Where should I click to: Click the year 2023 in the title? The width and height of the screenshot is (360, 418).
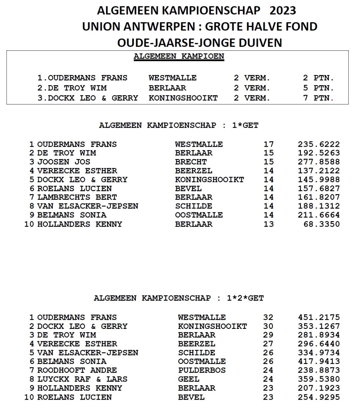283,11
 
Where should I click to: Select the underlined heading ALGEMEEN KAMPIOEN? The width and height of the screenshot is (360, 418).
179,56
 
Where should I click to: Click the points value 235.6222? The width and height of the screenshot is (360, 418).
319,144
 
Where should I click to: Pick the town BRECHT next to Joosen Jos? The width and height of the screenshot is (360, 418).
191,162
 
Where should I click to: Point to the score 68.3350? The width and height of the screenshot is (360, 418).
321,224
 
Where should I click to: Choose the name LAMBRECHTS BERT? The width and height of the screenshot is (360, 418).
77,197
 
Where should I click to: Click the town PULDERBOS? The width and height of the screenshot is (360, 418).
202,370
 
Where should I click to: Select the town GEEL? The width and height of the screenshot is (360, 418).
188,379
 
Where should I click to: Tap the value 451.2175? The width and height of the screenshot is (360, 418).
319,317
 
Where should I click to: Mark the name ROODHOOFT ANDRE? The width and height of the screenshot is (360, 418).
77,370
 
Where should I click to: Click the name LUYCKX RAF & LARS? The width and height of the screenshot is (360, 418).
82,379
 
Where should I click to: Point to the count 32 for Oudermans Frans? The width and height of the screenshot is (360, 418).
268,317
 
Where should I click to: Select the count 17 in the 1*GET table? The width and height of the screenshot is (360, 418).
268,144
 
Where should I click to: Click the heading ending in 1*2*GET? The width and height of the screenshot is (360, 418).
179,298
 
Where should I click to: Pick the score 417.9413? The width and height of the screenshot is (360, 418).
319,361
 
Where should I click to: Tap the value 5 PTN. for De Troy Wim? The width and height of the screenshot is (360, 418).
318,88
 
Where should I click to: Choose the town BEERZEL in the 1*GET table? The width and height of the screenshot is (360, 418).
193,171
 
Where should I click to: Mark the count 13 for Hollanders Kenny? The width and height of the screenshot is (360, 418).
268,224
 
